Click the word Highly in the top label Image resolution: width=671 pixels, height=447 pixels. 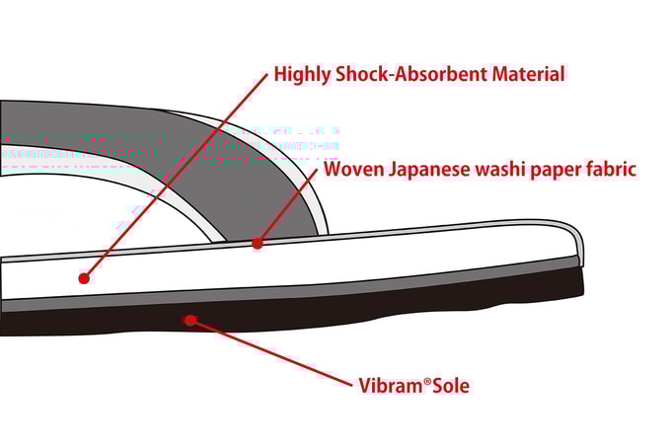302,74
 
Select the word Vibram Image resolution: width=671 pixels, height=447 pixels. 390,386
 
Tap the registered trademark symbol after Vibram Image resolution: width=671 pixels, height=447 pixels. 427,381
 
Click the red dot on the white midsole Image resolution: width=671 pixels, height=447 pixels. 84,279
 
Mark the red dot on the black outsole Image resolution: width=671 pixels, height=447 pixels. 190,320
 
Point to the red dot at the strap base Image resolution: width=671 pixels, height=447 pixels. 258,243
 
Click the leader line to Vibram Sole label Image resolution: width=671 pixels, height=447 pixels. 270,352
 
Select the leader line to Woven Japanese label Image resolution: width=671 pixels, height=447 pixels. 287,206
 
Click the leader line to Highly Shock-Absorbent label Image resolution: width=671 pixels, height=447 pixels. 176,176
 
